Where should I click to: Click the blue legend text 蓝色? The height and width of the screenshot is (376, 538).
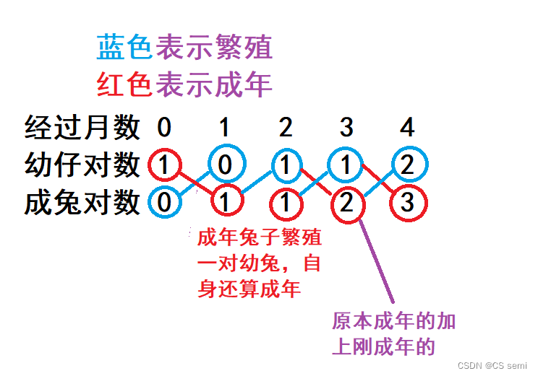click(x=124, y=48)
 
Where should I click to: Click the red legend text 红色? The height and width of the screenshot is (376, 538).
click(x=124, y=85)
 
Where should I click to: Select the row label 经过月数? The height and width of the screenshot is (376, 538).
click(x=82, y=128)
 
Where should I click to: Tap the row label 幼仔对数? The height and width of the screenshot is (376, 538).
click(x=82, y=165)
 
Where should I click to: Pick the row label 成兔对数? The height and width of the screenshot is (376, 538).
click(x=82, y=202)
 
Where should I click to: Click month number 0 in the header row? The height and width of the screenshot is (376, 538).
click(x=165, y=128)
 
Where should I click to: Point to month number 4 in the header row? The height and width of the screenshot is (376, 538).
click(x=407, y=128)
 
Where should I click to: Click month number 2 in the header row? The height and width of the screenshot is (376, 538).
click(x=286, y=128)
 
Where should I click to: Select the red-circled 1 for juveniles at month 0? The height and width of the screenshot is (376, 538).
click(x=165, y=165)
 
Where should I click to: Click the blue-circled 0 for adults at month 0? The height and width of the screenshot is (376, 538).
click(x=165, y=202)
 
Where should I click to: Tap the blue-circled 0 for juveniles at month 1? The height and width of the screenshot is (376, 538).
click(x=225, y=165)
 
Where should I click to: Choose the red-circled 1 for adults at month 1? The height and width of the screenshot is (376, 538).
click(x=225, y=203)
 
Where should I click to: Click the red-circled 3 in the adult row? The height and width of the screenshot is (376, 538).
click(x=407, y=203)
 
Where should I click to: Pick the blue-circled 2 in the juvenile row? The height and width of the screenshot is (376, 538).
click(x=407, y=165)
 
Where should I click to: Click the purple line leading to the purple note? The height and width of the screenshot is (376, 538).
click(x=376, y=260)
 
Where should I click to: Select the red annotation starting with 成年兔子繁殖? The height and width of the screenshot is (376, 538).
click(x=259, y=263)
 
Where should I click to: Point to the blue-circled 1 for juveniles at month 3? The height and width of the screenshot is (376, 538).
click(x=346, y=165)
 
